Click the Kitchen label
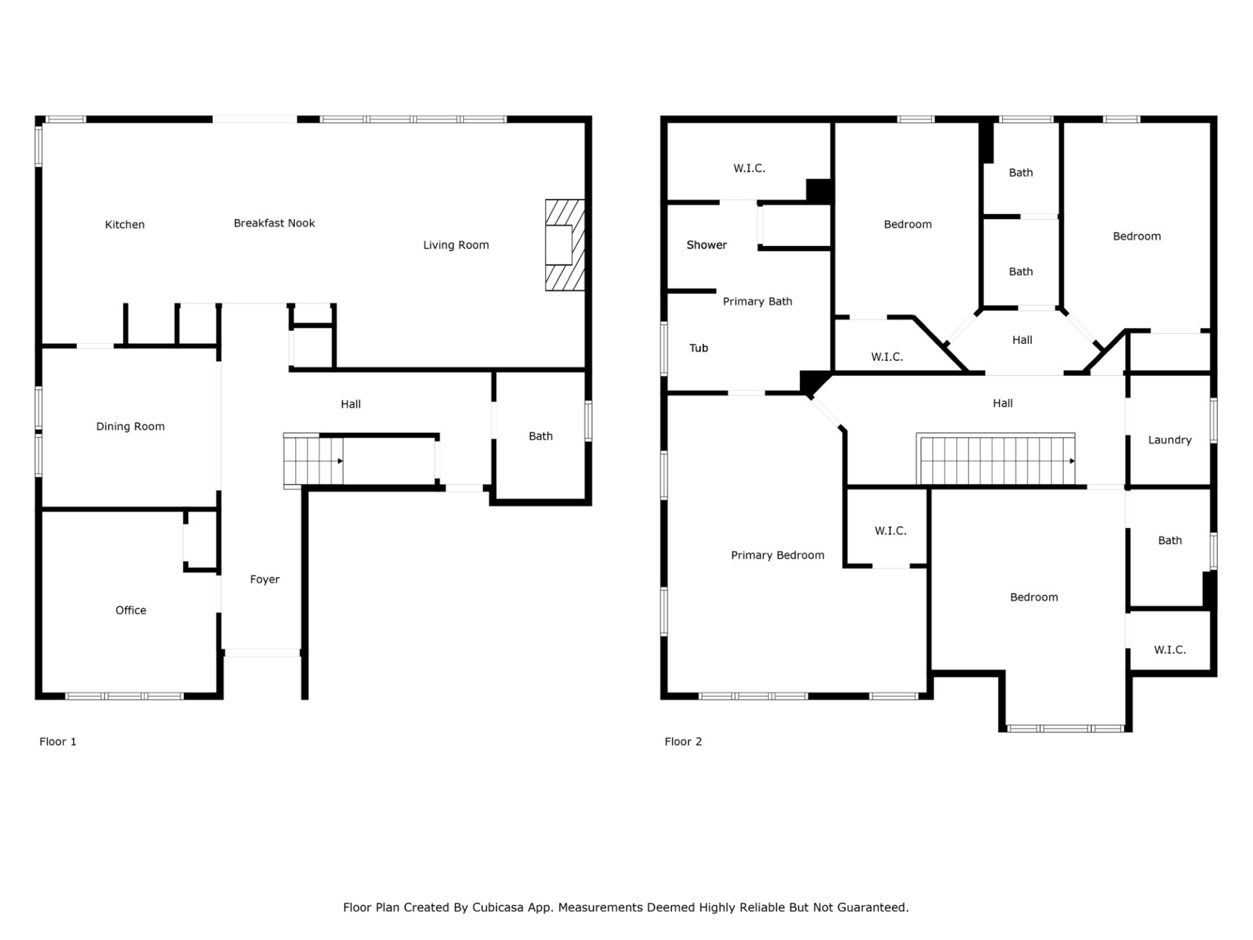tap(125, 225)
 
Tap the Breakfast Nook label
tap(274, 223)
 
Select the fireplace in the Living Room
tap(565, 245)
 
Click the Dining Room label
tap(131, 427)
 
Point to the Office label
tap(131, 610)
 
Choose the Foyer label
tap(264, 580)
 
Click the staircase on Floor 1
tap(313, 461)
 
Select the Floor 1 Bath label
tap(540, 436)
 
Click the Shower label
tap(706, 245)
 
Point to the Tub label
tap(698, 348)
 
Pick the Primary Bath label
tap(757, 302)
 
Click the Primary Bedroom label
tap(777, 556)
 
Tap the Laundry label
tap(1169, 440)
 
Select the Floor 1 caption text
tap(57, 742)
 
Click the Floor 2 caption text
tap(683, 742)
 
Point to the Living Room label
tap(456, 245)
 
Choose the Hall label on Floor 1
tap(350, 405)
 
